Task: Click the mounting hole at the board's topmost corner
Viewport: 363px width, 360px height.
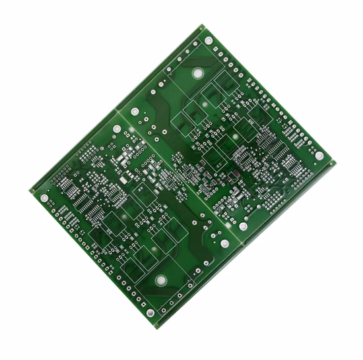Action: (209, 41)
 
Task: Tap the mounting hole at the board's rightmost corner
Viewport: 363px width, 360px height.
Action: (319, 156)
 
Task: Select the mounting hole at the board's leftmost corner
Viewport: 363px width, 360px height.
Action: (44, 197)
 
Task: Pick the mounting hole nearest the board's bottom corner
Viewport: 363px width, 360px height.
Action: (150, 313)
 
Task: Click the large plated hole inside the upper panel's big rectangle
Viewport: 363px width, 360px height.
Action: (197, 73)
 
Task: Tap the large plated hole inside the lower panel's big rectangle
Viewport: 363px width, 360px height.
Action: (161, 280)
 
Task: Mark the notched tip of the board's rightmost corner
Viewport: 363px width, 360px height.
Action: (334, 162)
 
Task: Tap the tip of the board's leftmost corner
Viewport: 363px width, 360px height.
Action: (29, 191)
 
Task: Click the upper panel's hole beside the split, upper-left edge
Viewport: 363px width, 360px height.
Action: (135, 111)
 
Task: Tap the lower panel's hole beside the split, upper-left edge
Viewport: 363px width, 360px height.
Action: (117, 129)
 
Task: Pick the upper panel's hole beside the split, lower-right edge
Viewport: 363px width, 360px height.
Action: (243, 226)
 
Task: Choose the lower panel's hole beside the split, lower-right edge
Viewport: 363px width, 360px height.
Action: (224, 244)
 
